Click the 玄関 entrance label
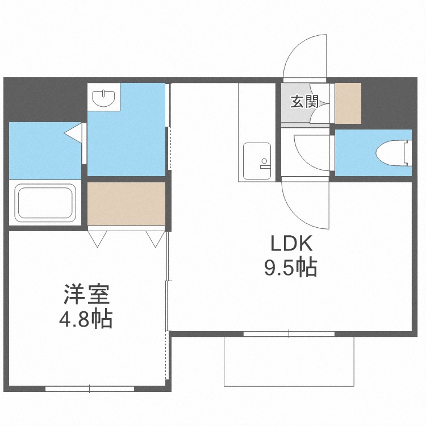304,102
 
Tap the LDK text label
291,244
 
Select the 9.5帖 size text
291,268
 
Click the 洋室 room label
86,294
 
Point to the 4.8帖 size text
86,319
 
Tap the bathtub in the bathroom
45,201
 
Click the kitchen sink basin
257,161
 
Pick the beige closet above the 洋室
126,203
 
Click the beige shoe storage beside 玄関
348,103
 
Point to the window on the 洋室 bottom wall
90,389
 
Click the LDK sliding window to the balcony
289,334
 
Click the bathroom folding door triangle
73,133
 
